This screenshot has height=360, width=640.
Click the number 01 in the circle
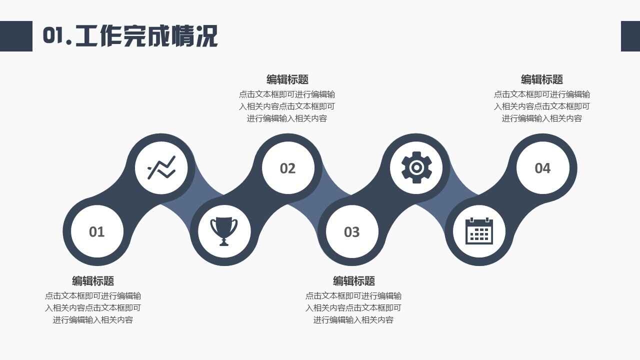point(96,231)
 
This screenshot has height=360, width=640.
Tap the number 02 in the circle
point(287,168)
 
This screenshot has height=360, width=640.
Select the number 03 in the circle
point(351,232)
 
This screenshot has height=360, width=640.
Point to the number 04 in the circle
point(542,168)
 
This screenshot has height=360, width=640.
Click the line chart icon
point(161,167)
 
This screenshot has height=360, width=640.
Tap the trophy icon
point(223,231)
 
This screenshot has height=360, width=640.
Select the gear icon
point(416,167)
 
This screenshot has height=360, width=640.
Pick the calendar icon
point(479,231)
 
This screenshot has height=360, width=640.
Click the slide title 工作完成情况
point(146,36)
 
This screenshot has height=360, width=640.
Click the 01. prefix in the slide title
point(57,35)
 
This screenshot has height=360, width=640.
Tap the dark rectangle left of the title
point(16,36)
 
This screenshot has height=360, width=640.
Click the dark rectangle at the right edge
point(630,36)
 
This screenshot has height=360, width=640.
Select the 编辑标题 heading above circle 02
point(287,79)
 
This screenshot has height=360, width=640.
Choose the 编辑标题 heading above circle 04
point(542,79)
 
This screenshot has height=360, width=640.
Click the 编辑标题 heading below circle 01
point(93,281)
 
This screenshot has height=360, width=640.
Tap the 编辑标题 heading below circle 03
point(353,281)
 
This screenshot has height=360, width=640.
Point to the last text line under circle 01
point(93,319)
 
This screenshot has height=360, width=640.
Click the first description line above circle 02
point(287,94)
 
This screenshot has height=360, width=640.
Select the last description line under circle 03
point(353,319)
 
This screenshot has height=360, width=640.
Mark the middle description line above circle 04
point(542,106)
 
